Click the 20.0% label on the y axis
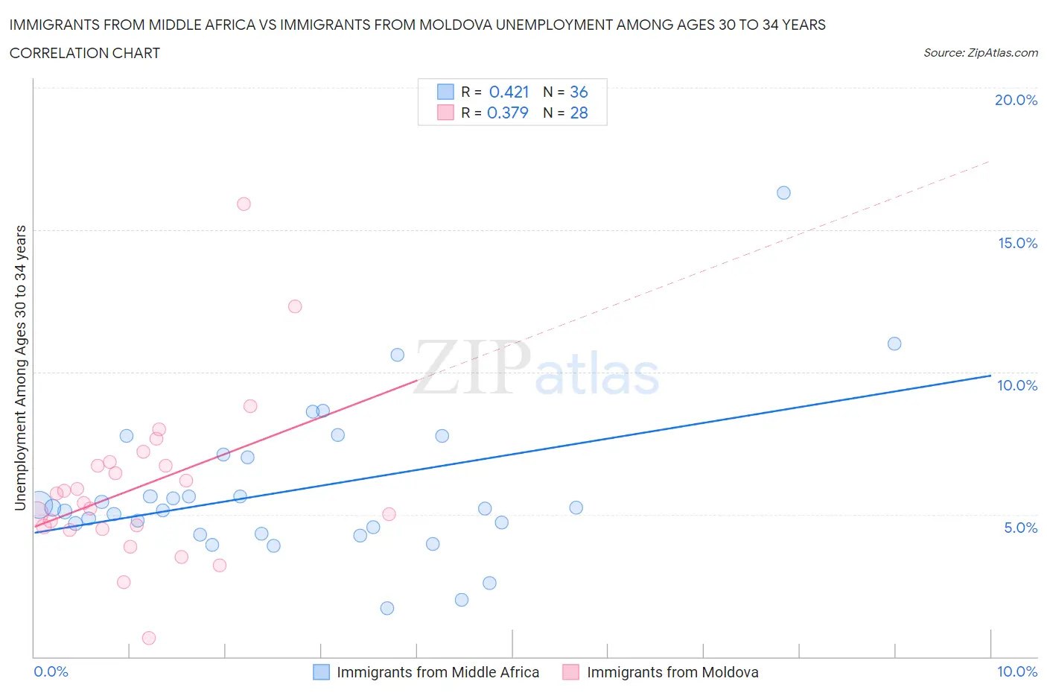point(1016,100)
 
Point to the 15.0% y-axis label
point(1017,243)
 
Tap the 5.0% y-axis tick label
point(1020,528)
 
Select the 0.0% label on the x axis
point(51,671)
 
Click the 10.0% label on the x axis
point(1017,671)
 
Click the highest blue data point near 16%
point(783,193)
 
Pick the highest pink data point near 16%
point(244,204)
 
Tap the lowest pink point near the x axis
point(149,638)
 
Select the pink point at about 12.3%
point(295,306)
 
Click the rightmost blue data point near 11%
point(894,344)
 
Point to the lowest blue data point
point(387,608)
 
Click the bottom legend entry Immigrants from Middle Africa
point(437,672)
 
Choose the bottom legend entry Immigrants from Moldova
point(672,672)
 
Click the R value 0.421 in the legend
point(509,92)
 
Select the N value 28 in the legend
point(579,113)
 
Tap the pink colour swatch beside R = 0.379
point(445,113)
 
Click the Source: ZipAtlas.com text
point(980,53)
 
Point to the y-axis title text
point(20,368)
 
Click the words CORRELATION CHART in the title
point(85,53)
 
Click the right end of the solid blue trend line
point(990,376)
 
